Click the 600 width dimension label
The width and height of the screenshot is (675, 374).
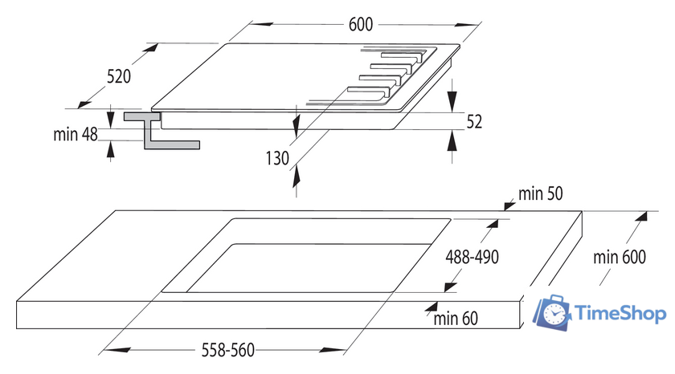click(x=361, y=25)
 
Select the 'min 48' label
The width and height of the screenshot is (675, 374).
click(x=76, y=135)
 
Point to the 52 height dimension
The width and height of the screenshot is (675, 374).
click(x=474, y=121)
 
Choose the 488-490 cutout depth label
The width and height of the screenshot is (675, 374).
click(x=472, y=258)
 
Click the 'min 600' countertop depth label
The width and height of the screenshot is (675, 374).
click(x=620, y=258)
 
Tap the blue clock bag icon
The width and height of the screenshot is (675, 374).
click(x=554, y=311)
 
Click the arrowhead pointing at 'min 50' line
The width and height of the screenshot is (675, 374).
click(x=508, y=205)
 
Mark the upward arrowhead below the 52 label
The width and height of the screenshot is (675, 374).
click(x=452, y=140)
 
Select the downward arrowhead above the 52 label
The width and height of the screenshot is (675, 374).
click(x=452, y=103)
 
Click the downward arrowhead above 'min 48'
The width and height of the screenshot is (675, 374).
click(x=110, y=112)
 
